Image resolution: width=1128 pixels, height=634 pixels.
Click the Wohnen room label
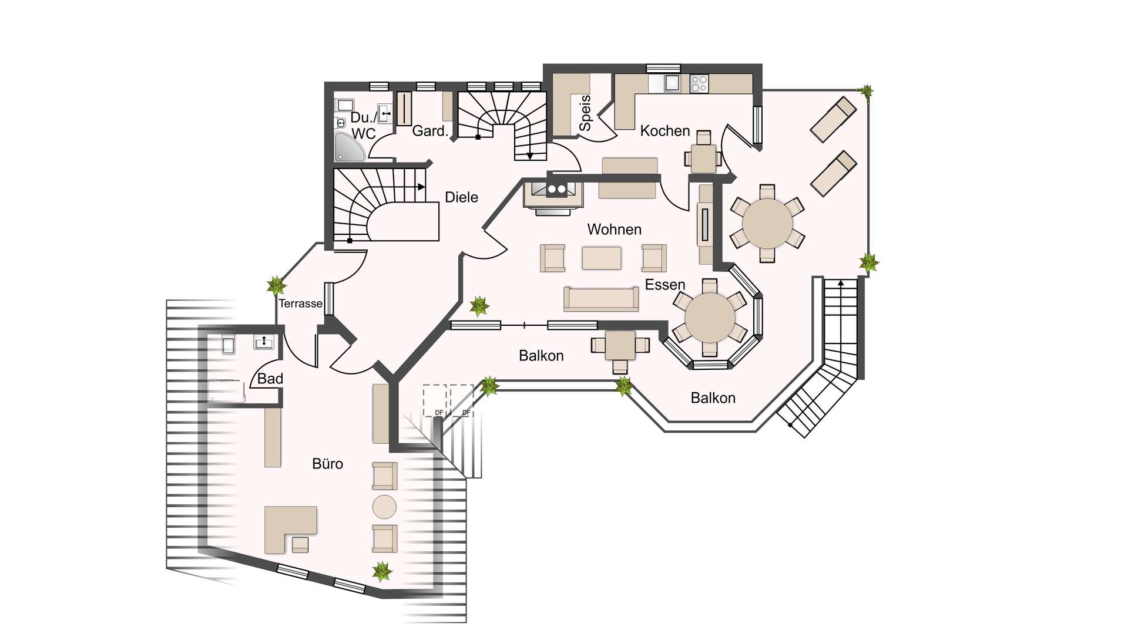(x=614, y=229)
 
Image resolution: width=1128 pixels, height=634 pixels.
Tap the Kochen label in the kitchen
(x=664, y=130)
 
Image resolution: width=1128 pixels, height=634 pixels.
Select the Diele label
(x=461, y=197)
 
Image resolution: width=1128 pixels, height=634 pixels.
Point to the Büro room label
(x=327, y=464)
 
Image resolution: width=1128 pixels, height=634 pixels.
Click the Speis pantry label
(x=585, y=113)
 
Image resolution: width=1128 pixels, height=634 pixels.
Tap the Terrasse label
(x=300, y=303)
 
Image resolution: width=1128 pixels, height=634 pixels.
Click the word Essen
(x=665, y=285)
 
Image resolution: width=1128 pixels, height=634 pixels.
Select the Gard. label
(x=430, y=131)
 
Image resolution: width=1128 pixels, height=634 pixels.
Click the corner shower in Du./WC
(x=348, y=147)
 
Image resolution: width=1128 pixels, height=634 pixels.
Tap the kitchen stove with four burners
(x=699, y=83)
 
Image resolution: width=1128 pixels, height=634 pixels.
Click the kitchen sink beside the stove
(x=672, y=83)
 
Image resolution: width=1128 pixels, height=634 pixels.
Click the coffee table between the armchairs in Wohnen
(x=602, y=258)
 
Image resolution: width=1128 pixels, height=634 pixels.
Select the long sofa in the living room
(x=601, y=299)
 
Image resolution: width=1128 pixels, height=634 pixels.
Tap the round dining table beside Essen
(x=710, y=318)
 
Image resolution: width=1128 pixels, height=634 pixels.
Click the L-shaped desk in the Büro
(x=290, y=530)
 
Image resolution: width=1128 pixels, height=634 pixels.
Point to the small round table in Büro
(x=384, y=507)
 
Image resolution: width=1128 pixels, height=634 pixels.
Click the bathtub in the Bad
(x=227, y=391)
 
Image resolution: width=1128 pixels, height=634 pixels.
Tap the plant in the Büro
(x=382, y=571)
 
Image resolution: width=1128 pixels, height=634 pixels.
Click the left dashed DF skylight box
(x=435, y=400)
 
